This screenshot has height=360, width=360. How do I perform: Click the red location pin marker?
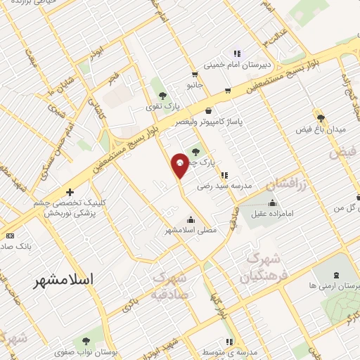tap(179, 165)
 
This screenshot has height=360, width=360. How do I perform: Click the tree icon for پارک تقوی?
tap(162, 95)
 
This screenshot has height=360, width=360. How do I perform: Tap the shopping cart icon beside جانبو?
tap(195, 74)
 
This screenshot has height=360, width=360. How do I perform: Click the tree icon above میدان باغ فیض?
tap(321, 117)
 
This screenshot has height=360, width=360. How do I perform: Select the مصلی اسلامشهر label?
tap(191, 230)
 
